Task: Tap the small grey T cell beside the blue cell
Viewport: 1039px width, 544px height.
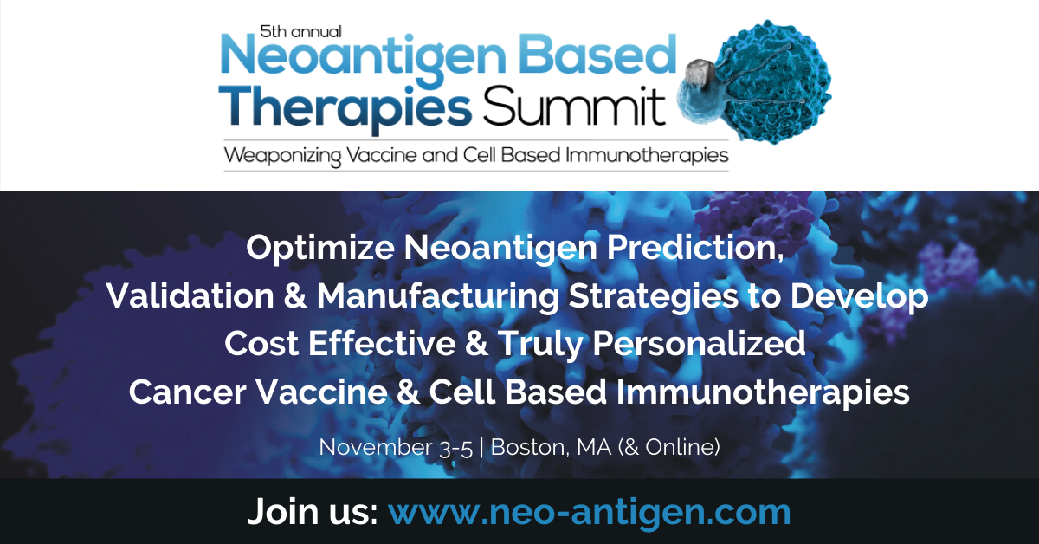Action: [700, 82]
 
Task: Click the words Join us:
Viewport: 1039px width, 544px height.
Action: [313, 511]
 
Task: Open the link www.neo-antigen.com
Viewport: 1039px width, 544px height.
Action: [589, 511]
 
